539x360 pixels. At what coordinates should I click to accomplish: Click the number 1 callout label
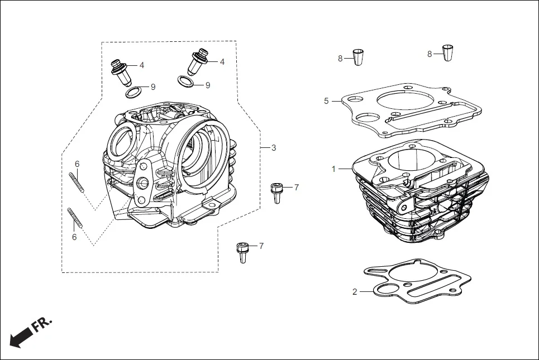tap(333, 168)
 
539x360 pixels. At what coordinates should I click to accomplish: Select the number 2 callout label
tap(355, 291)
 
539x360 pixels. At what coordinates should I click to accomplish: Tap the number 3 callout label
tap(274, 148)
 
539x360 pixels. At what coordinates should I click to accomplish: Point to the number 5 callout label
tap(326, 101)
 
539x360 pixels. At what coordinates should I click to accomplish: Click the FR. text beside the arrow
tap(42, 325)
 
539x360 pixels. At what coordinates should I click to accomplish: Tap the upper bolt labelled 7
tap(276, 192)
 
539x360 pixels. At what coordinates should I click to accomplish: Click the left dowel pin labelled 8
tap(359, 57)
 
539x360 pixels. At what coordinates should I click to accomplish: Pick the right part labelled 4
tap(199, 63)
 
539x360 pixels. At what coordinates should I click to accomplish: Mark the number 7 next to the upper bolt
tap(296, 188)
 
